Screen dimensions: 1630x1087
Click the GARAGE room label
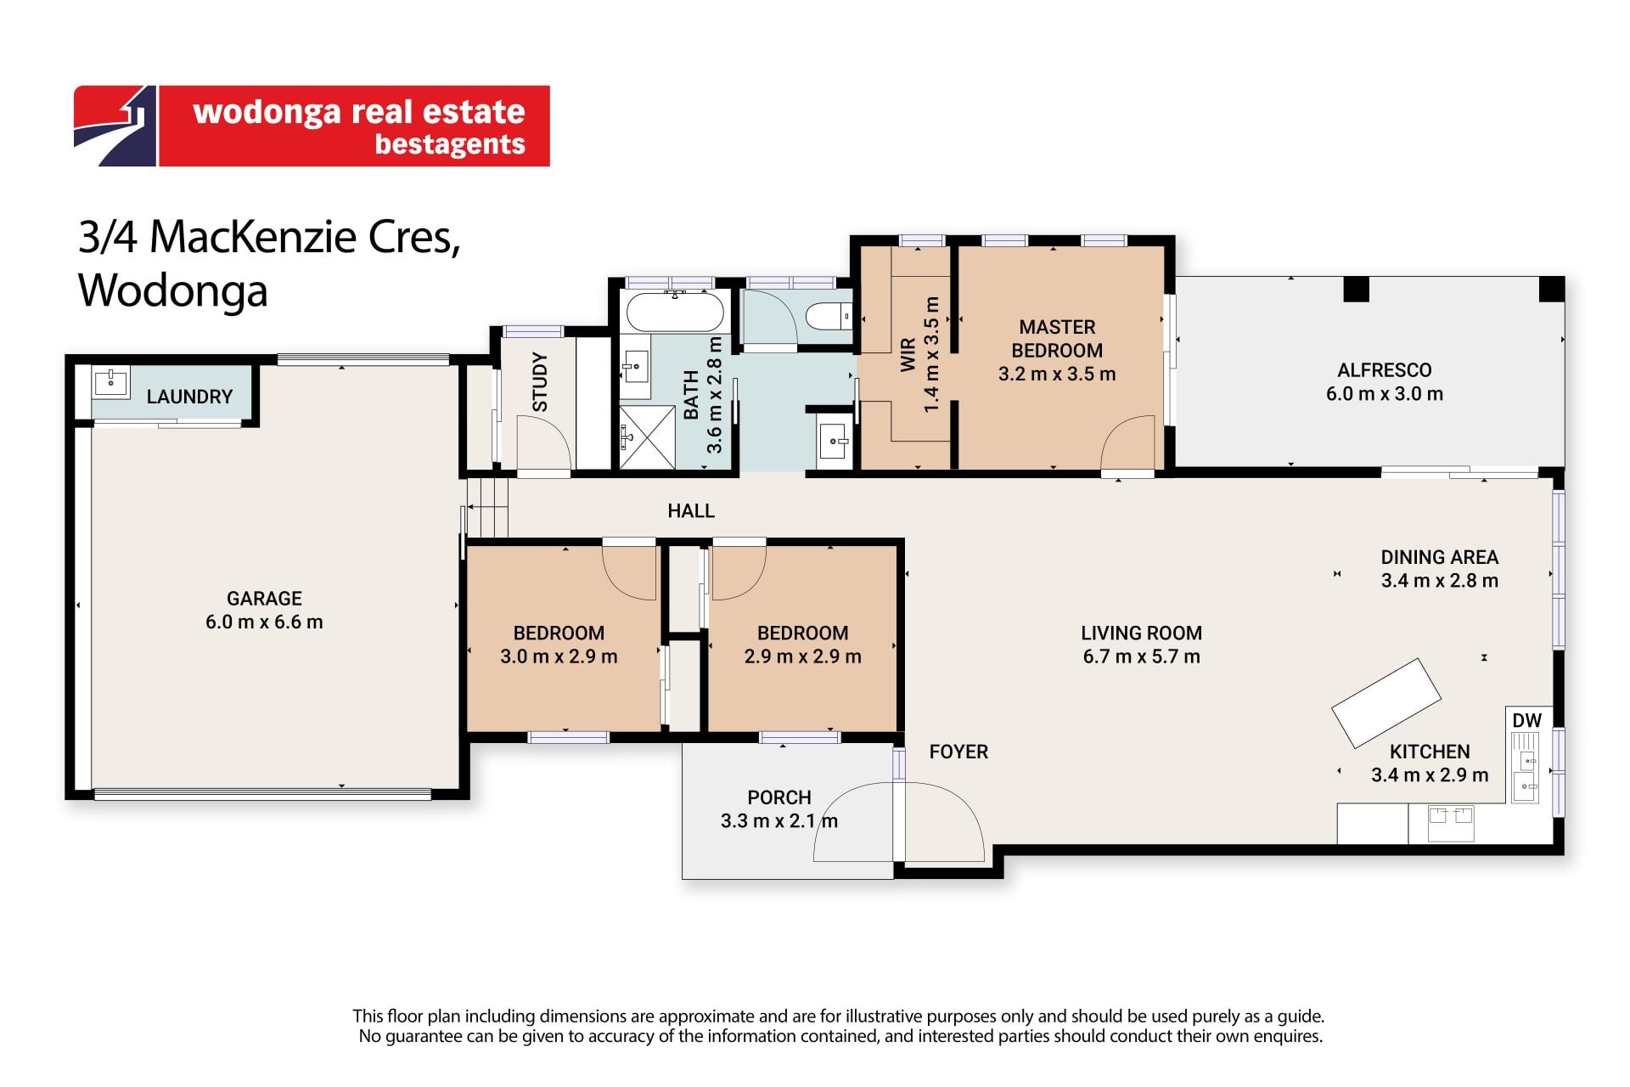point(264,599)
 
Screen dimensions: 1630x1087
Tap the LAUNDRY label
point(189,397)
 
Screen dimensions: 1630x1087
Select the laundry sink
point(110,382)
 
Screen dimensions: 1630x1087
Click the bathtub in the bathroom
point(675,311)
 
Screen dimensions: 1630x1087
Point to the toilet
point(828,317)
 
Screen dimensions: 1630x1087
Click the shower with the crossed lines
point(647,437)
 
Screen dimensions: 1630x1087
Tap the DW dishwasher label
point(1526,720)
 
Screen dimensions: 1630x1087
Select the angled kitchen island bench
point(1385,702)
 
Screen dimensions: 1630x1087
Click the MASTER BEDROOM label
point(1057,339)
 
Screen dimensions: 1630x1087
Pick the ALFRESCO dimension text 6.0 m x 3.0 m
point(1385,394)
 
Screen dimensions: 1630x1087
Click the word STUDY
point(540,382)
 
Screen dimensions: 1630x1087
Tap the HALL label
point(691,511)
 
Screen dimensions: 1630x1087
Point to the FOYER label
point(958,752)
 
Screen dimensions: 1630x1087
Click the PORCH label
point(779,797)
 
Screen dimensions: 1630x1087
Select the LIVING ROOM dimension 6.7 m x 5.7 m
point(1141,656)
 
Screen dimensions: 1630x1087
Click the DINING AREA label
point(1440,557)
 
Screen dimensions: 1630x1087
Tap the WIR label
point(908,355)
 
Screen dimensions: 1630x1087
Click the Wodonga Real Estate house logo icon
point(115,126)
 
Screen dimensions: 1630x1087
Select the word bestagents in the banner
point(450,144)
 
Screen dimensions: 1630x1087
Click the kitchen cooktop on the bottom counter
point(1450,823)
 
